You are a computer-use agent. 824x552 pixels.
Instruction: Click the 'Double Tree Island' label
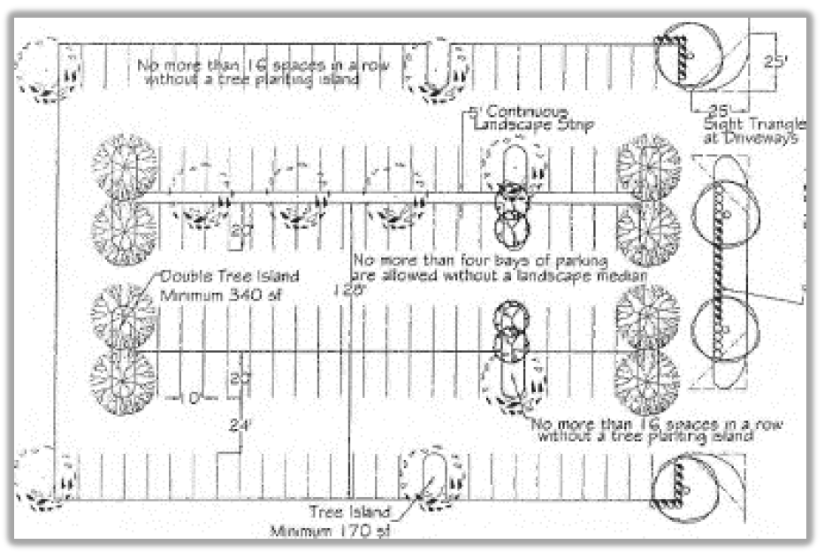[x=210, y=276]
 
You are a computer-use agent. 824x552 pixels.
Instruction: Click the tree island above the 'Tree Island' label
[x=431, y=479]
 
